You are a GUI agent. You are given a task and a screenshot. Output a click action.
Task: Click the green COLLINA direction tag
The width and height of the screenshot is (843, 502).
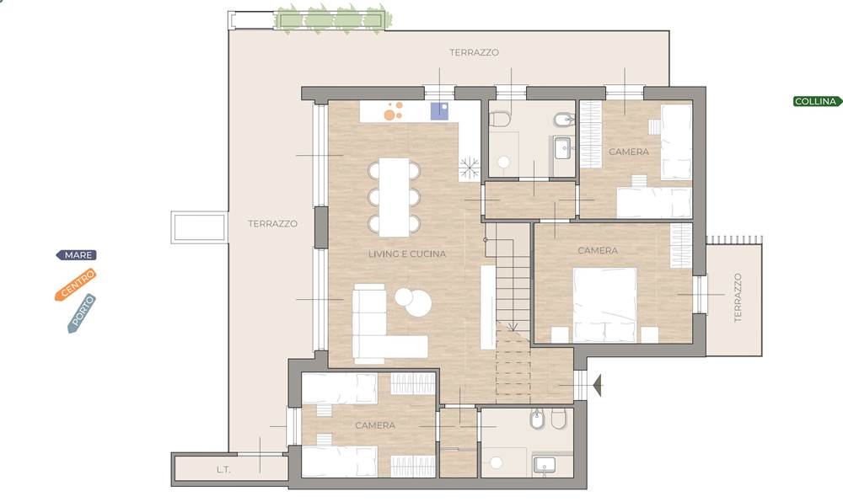[x=817, y=101]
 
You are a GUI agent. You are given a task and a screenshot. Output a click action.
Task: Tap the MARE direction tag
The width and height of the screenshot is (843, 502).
[x=77, y=255]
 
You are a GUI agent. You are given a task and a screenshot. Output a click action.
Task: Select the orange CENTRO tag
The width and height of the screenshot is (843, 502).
[x=76, y=284]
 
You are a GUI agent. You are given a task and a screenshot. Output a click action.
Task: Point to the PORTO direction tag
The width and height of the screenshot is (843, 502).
[x=82, y=313]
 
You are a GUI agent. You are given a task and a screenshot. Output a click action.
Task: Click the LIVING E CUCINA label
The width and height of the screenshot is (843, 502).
[x=407, y=254]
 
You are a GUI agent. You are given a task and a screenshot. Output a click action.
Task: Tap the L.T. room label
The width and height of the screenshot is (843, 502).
[x=223, y=469]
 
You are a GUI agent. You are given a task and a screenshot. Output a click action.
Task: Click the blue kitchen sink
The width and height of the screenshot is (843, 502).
[x=440, y=111]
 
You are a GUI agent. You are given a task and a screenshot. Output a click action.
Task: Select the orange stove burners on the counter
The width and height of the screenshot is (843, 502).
[x=393, y=111]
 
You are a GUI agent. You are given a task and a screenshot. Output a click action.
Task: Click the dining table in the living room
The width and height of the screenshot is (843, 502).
[x=394, y=197]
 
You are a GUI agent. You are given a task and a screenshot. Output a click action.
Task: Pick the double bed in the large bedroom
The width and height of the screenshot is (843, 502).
[x=604, y=305]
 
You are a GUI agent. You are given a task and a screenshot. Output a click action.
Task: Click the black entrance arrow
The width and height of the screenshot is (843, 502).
[x=597, y=386]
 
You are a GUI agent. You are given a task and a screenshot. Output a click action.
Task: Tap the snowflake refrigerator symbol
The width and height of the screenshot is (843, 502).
[x=470, y=168]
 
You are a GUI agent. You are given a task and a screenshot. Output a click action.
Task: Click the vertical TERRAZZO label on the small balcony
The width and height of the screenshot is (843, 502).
[x=738, y=297]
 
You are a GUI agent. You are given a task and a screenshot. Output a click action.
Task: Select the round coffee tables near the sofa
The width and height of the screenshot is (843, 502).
[x=413, y=302]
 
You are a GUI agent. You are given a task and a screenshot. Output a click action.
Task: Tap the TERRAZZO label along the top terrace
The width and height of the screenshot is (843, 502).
[x=474, y=52]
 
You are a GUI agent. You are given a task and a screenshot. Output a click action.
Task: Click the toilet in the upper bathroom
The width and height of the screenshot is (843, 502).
[x=500, y=119]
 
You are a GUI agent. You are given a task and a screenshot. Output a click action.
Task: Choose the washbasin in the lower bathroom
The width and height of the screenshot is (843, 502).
[x=544, y=465]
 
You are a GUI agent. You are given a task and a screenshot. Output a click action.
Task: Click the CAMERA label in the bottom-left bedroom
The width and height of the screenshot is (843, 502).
[x=375, y=425]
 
